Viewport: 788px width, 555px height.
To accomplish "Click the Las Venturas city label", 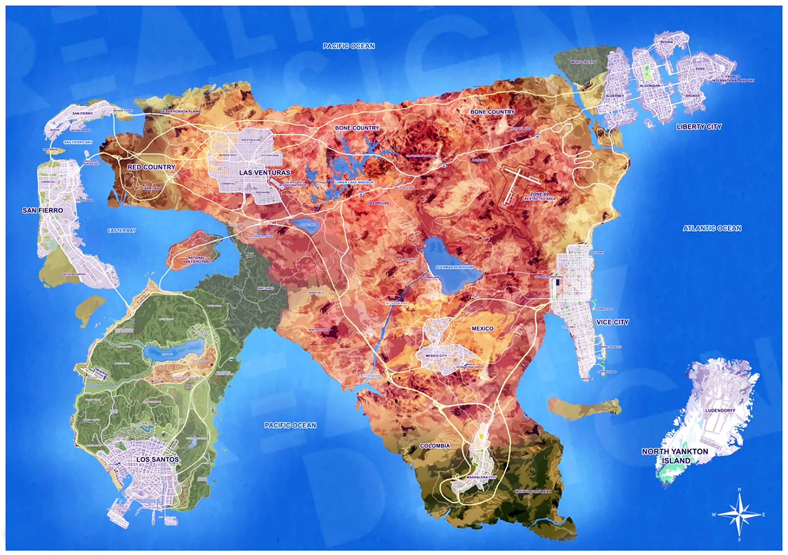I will tap(265, 172).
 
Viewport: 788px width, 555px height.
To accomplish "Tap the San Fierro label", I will tap(43, 210).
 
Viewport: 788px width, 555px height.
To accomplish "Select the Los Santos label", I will tap(158, 459).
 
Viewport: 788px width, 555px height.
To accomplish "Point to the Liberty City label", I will tap(699, 127).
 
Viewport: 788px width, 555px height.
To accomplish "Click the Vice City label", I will tap(612, 322).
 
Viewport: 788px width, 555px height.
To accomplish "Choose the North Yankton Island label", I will tap(675, 456).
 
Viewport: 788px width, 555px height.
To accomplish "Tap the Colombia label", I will tap(435, 445).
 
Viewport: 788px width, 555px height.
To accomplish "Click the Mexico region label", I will tap(482, 328).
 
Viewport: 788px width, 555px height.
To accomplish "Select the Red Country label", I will tap(152, 167).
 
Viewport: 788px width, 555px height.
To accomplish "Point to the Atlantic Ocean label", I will tap(712, 228).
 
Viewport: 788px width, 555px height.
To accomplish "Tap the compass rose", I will tap(739, 514).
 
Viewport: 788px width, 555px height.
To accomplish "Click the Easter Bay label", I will tap(122, 230).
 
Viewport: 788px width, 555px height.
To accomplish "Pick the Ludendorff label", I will tap(720, 410).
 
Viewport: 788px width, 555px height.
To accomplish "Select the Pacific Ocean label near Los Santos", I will tap(290, 425).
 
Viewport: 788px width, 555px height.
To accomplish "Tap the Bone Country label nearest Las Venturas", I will tap(357, 128).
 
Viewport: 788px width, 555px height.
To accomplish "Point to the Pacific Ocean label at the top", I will tap(349, 46).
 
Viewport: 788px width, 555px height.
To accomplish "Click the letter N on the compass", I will tap(739, 490).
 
